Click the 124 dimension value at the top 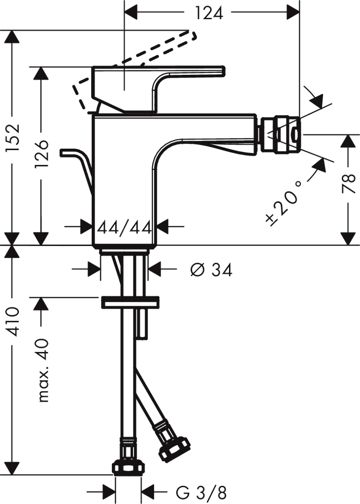click(x=209, y=13)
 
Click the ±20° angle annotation click(x=284, y=202)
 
